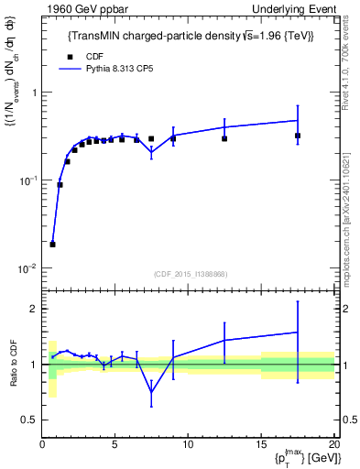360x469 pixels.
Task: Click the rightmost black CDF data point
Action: [298, 136]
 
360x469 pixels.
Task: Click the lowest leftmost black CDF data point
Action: [52, 245]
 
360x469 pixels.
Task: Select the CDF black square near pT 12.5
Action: [224, 138]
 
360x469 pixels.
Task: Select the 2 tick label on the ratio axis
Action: [33, 309]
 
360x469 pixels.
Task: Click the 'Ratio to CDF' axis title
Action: [13, 364]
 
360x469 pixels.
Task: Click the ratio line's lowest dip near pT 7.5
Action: [151, 392]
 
